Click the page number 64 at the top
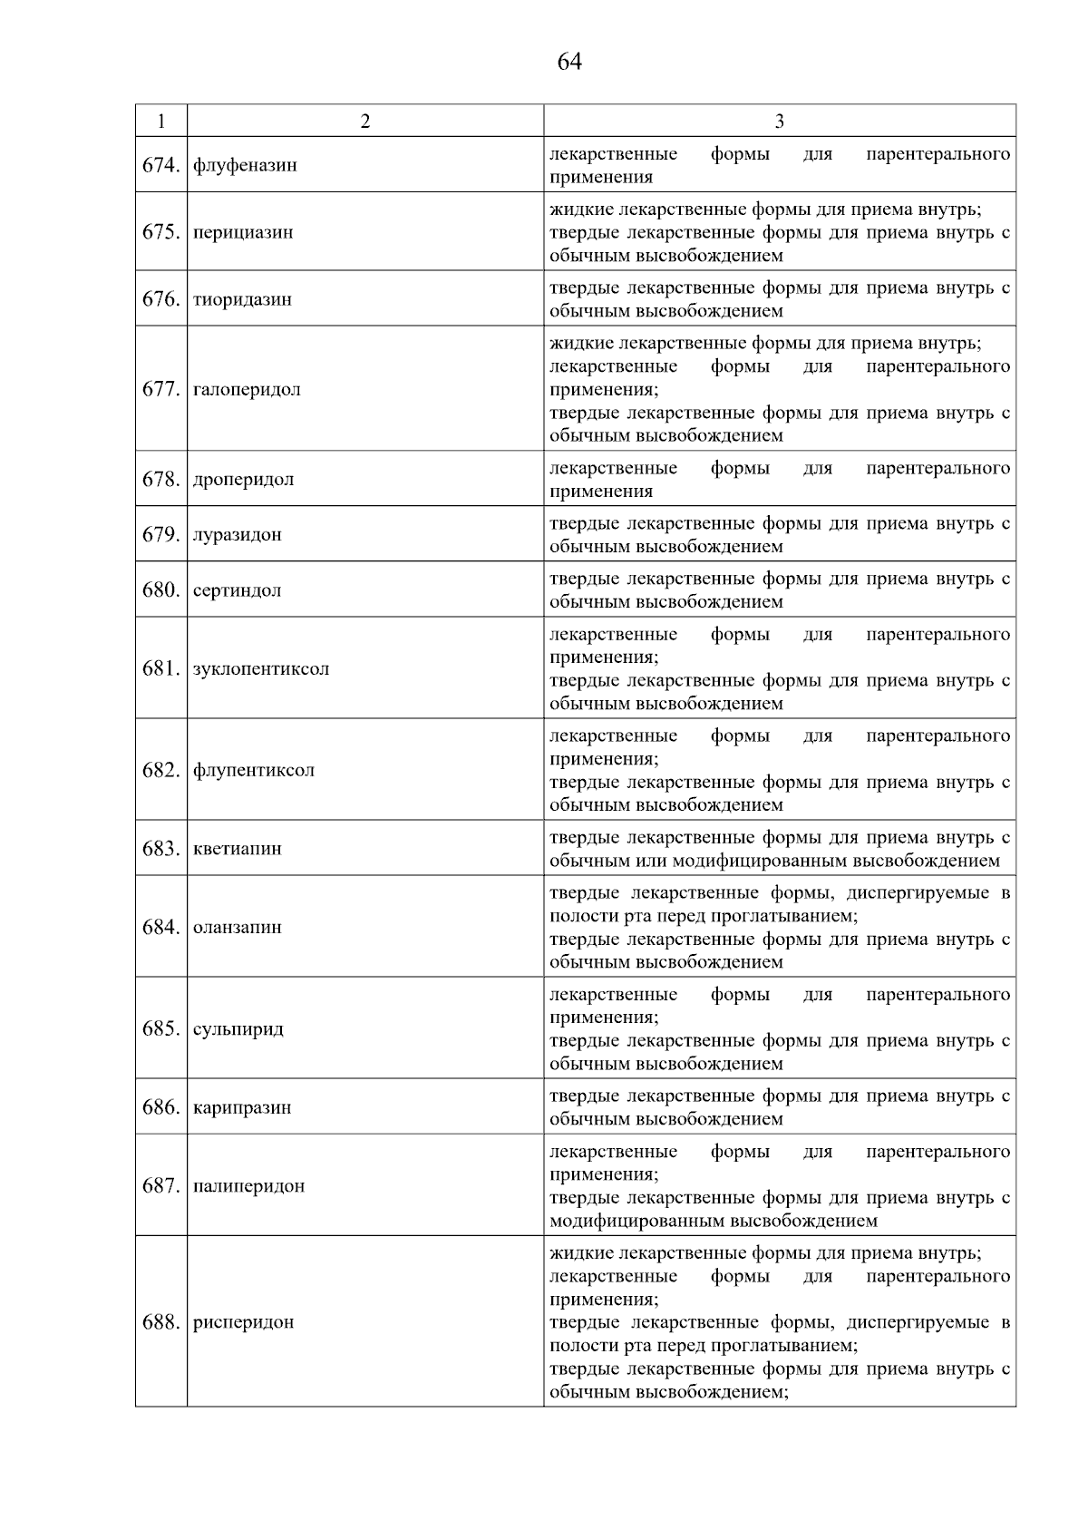569,62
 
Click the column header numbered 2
364,122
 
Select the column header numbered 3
779,122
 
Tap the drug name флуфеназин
245,165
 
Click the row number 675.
161,231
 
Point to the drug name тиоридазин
242,299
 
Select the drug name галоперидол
247,389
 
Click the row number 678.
161,479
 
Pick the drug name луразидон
238,534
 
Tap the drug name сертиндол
237,590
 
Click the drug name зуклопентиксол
261,668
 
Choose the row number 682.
161,770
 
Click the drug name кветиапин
238,849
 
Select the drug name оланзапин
238,927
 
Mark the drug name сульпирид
238,1028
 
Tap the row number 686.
161,1107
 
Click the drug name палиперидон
248,1185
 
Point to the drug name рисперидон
243,1322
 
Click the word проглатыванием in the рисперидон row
784,1346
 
